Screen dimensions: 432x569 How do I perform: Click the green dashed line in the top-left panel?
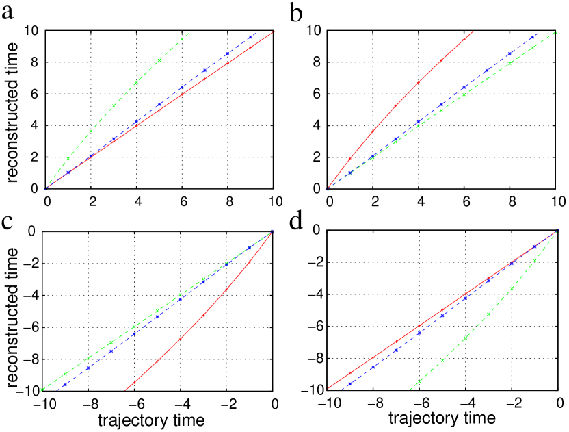[114, 105]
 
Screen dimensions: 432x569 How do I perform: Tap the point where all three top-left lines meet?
[45, 188]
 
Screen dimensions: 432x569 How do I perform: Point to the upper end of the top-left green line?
[188, 33]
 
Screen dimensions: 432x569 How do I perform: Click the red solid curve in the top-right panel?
[395, 106]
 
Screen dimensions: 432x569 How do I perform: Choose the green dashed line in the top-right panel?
[488, 79]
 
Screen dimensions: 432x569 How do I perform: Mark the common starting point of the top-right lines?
[327, 189]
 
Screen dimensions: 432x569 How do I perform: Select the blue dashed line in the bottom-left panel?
[134, 334]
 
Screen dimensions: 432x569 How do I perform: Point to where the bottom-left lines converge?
[273, 231]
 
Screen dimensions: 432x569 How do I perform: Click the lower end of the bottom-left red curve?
[125, 390]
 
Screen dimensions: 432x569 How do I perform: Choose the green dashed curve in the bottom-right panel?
[488, 314]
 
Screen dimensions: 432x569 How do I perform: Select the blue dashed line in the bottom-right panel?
[442, 316]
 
